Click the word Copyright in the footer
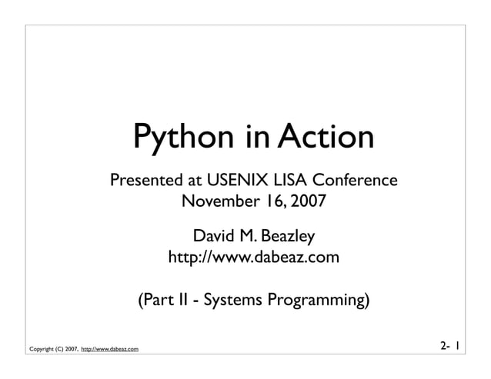click(x=43, y=351)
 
